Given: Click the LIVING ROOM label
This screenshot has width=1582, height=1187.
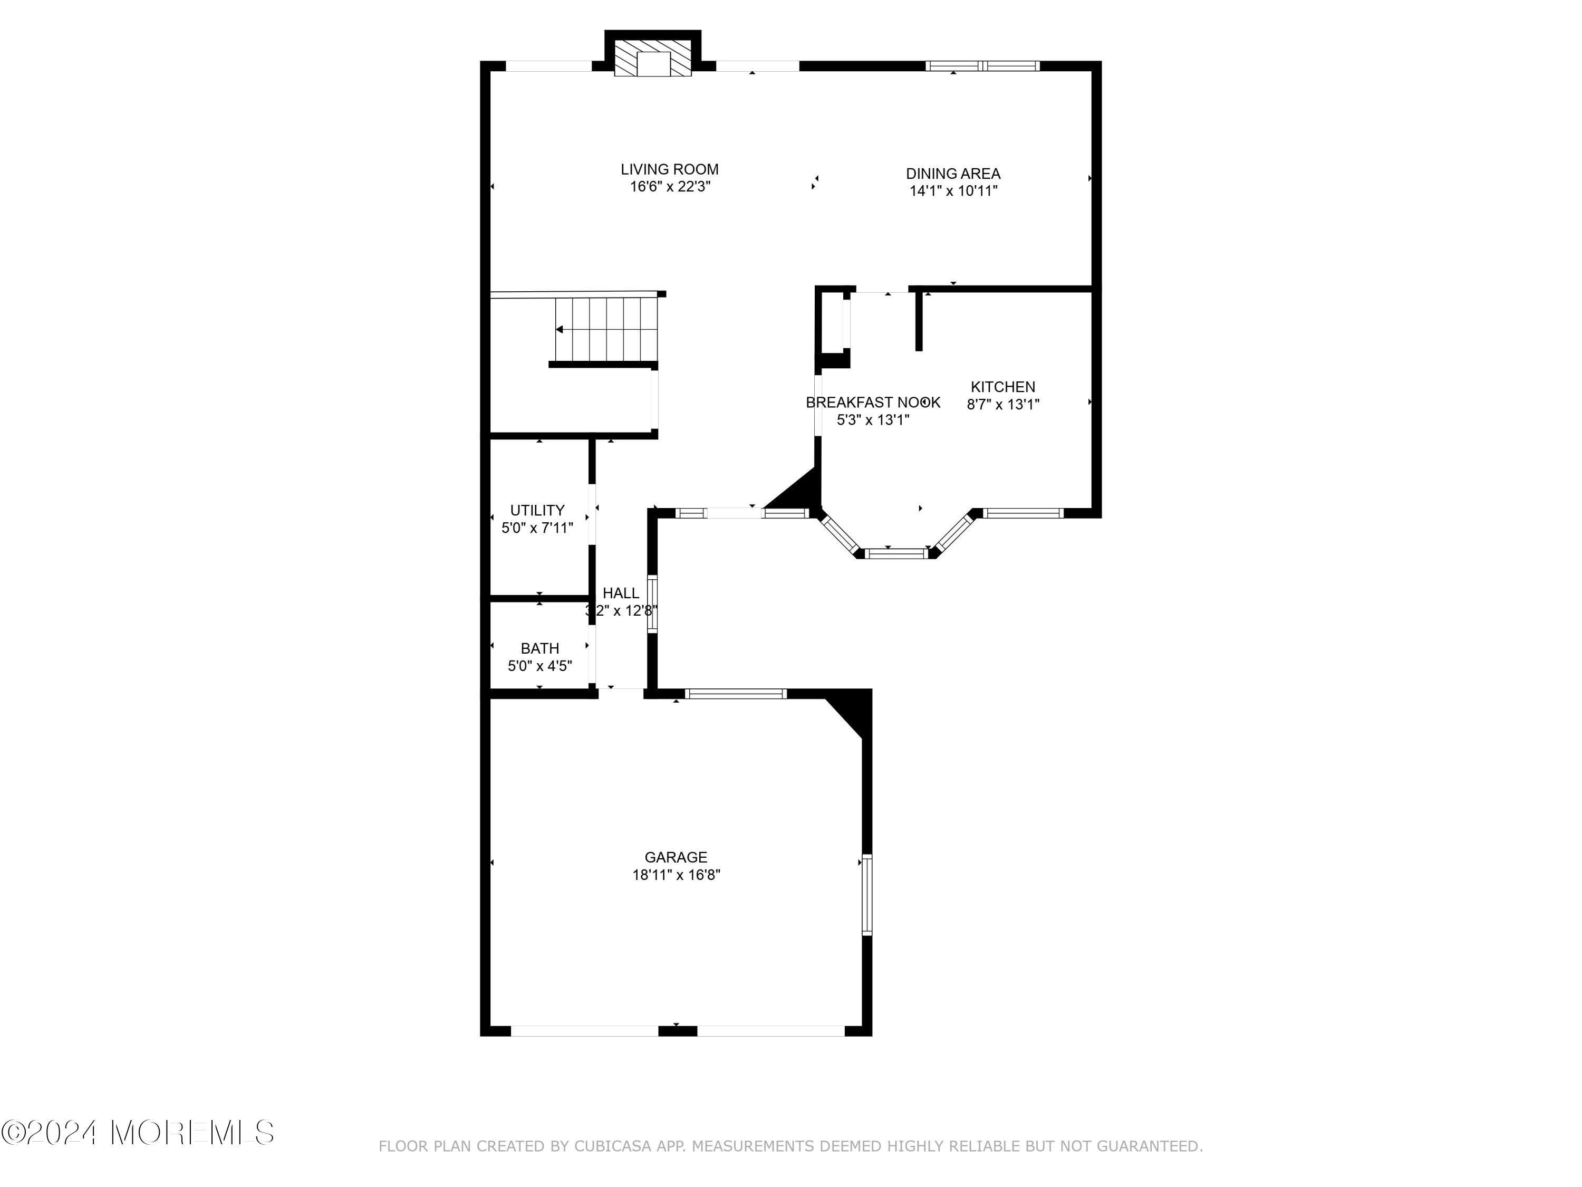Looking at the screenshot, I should click(x=669, y=169).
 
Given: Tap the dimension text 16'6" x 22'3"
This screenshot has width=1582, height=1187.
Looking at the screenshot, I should click(x=669, y=187).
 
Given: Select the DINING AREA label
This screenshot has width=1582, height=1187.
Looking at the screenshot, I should click(x=953, y=174).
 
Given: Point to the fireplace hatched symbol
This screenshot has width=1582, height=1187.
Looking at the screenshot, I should click(x=653, y=63).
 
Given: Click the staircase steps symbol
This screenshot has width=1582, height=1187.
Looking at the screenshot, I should click(x=606, y=329).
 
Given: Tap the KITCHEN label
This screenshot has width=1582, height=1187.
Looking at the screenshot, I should click(x=1002, y=387).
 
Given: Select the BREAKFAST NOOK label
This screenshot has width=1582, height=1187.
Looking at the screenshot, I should click(x=873, y=403).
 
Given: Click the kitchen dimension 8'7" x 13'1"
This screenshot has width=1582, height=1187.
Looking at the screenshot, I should click(x=1002, y=404).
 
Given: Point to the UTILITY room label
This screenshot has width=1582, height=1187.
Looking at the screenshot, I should click(x=537, y=510).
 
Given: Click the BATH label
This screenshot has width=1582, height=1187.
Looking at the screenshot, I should click(x=540, y=649).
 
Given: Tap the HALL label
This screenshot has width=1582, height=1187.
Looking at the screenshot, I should click(x=620, y=593).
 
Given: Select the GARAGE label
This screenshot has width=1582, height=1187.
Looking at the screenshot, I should click(x=676, y=857).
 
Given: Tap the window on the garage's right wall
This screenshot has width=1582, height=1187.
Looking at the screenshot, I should click(x=867, y=894).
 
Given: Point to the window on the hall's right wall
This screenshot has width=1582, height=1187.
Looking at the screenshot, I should click(x=652, y=604).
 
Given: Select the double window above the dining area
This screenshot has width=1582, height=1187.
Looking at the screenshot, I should click(x=982, y=66).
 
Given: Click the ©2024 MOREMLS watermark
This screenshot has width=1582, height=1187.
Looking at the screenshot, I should click(x=137, y=1132).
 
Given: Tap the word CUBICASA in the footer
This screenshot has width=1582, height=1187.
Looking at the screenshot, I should click(x=613, y=1147).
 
